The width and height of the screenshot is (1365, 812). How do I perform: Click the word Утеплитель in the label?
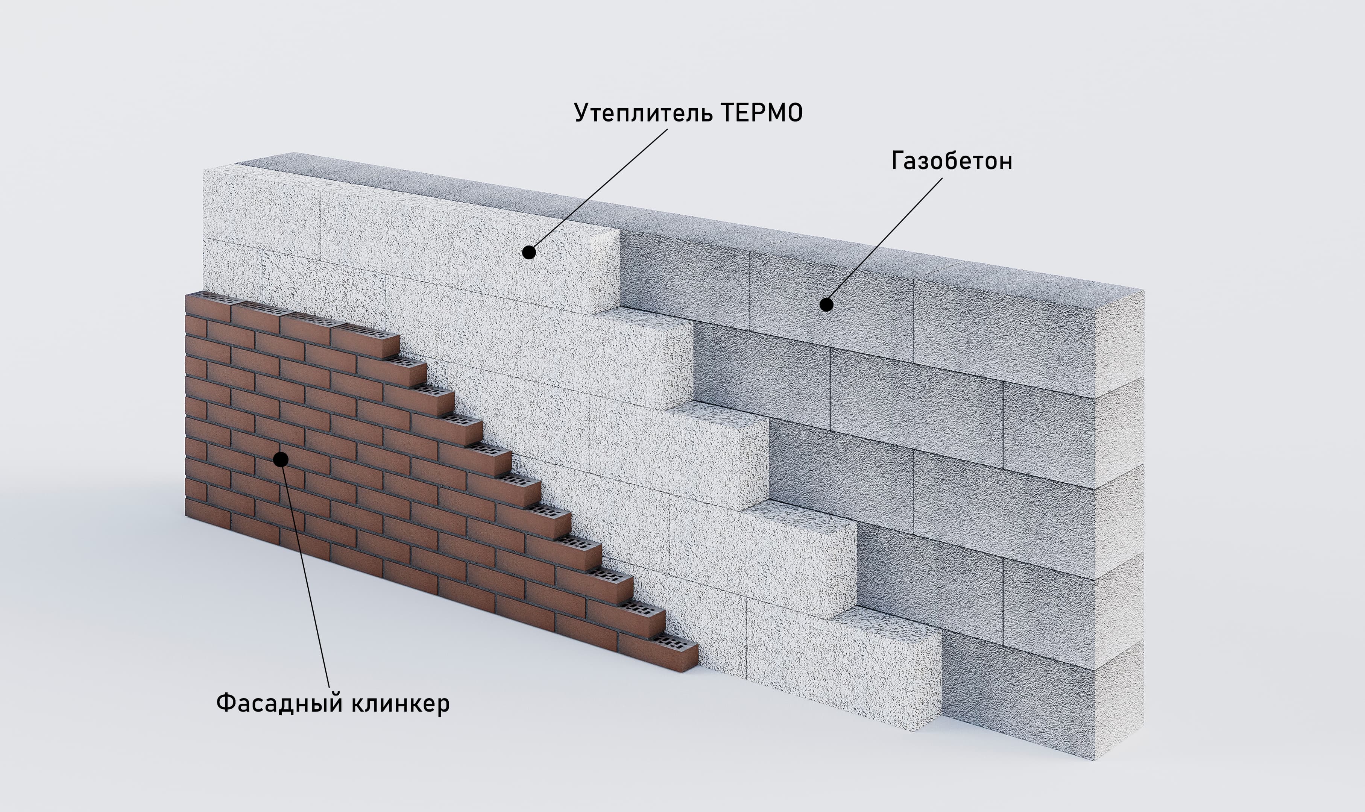click(x=644, y=113)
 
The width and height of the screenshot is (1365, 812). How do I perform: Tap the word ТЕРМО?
click(x=762, y=113)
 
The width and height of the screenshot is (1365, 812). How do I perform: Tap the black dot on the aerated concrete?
click(x=826, y=304)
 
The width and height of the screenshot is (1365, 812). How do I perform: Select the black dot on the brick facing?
click(x=281, y=459)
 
